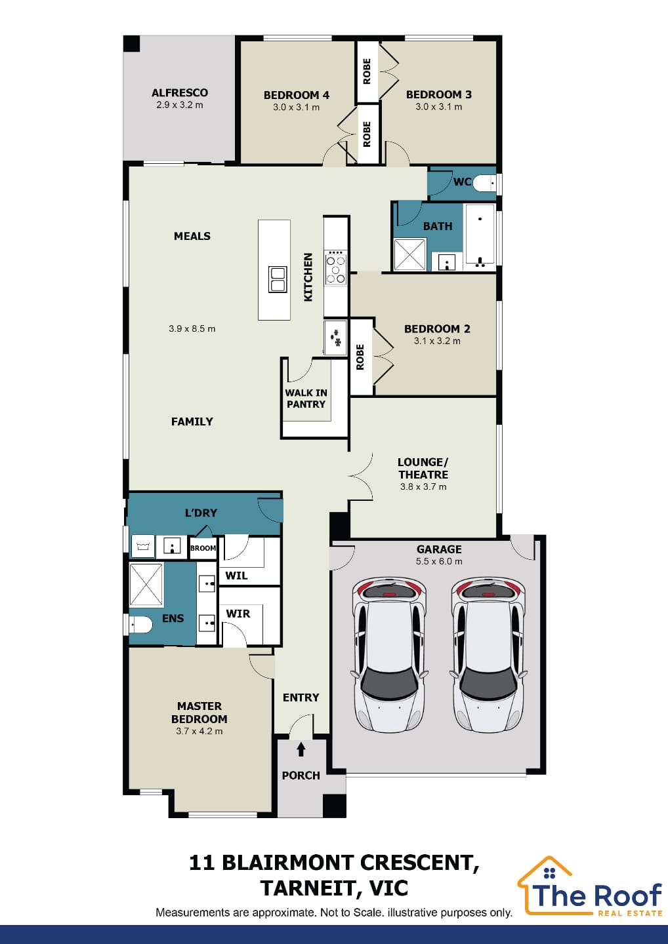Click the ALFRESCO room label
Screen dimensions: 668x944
[180, 92]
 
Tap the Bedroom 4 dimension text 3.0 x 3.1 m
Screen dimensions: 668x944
[296, 107]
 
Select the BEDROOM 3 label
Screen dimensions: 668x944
[438, 94]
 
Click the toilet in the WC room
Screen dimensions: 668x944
[484, 184]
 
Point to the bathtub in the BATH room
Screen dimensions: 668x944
[480, 237]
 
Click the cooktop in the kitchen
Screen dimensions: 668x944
[336, 267]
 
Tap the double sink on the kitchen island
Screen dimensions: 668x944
[278, 279]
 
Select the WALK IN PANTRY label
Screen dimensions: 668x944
[306, 399]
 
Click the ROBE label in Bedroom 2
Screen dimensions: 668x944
[360, 357]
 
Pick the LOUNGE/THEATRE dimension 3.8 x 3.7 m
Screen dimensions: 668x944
[423, 486]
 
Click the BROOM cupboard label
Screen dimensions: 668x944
[203, 548]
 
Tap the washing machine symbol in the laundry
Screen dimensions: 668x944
[143, 547]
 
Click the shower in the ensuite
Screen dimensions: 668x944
[146, 585]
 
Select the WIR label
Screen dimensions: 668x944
[238, 614]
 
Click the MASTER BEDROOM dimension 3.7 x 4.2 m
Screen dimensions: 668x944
[199, 731]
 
